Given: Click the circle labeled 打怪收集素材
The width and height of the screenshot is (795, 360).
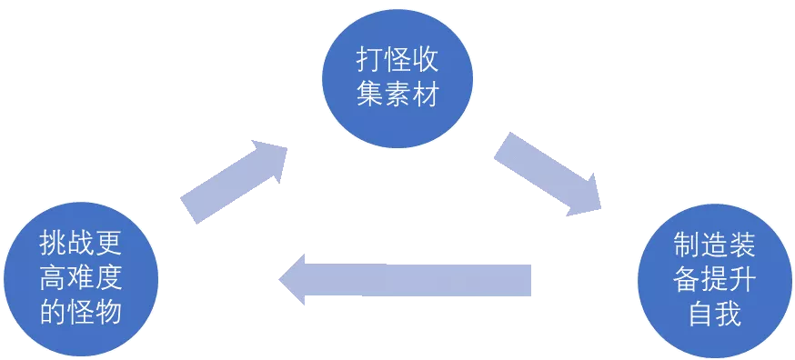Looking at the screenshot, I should point(397,77).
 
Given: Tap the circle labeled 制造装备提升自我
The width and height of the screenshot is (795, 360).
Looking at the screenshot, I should point(714,277).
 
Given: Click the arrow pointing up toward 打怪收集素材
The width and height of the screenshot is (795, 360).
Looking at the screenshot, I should point(234,181).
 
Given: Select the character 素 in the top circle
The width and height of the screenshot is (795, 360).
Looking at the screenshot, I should point(397,95).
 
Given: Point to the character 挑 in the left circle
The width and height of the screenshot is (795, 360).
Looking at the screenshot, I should point(51,243).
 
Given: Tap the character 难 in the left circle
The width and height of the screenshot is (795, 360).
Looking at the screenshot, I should point(80,278).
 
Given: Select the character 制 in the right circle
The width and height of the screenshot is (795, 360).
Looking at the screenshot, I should point(685,243).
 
